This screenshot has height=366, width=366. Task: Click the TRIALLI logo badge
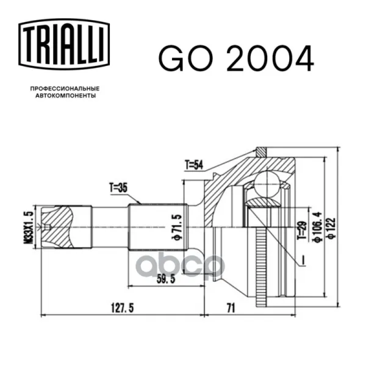[x=64, y=45]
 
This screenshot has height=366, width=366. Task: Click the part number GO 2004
[x=236, y=59]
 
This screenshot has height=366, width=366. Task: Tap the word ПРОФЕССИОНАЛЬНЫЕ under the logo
[x=65, y=88]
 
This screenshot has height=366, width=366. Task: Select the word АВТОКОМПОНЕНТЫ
[x=66, y=96]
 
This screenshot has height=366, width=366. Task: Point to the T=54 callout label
[x=194, y=165]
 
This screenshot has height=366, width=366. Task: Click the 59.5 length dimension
[x=166, y=279]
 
